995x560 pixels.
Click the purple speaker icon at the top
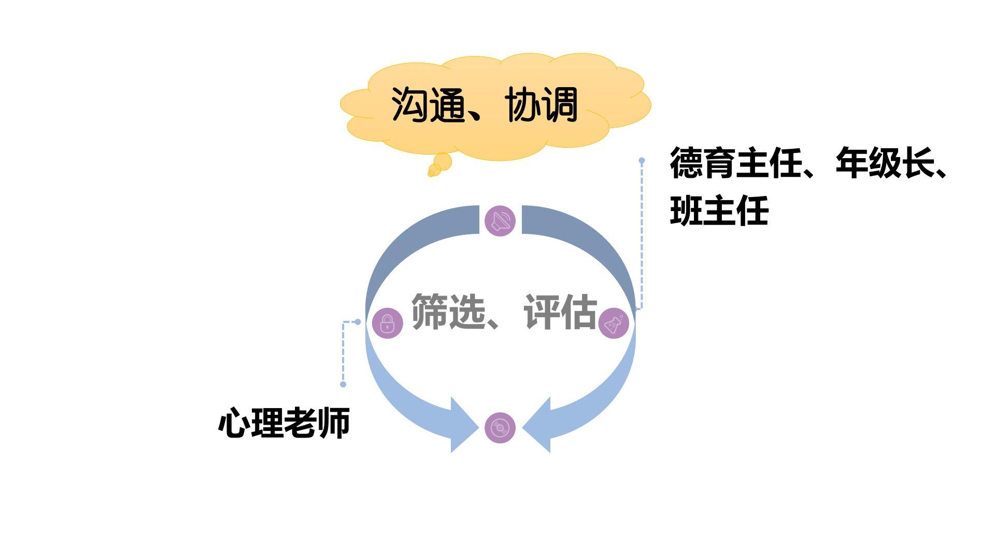pyautogui.click(x=500, y=221)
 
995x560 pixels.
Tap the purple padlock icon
pyautogui.click(x=388, y=324)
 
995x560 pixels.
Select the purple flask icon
pyautogui.click(x=614, y=324)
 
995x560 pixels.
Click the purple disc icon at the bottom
pyautogui.click(x=500, y=428)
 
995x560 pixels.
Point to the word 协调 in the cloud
pyautogui.click(x=542, y=105)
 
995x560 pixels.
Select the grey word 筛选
pyautogui.click(x=449, y=312)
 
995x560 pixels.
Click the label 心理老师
pyautogui.click(x=284, y=423)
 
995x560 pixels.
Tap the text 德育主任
pyautogui.click(x=736, y=163)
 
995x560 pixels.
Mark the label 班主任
pyautogui.click(x=719, y=211)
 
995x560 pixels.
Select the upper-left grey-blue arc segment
pyautogui.click(x=409, y=244)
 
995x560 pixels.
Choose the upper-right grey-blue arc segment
pyautogui.click(x=591, y=244)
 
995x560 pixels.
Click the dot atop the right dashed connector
pyautogui.click(x=642, y=161)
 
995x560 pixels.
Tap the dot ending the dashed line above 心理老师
pyautogui.click(x=343, y=384)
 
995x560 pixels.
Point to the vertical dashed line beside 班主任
pyautogui.click(x=642, y=233)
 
